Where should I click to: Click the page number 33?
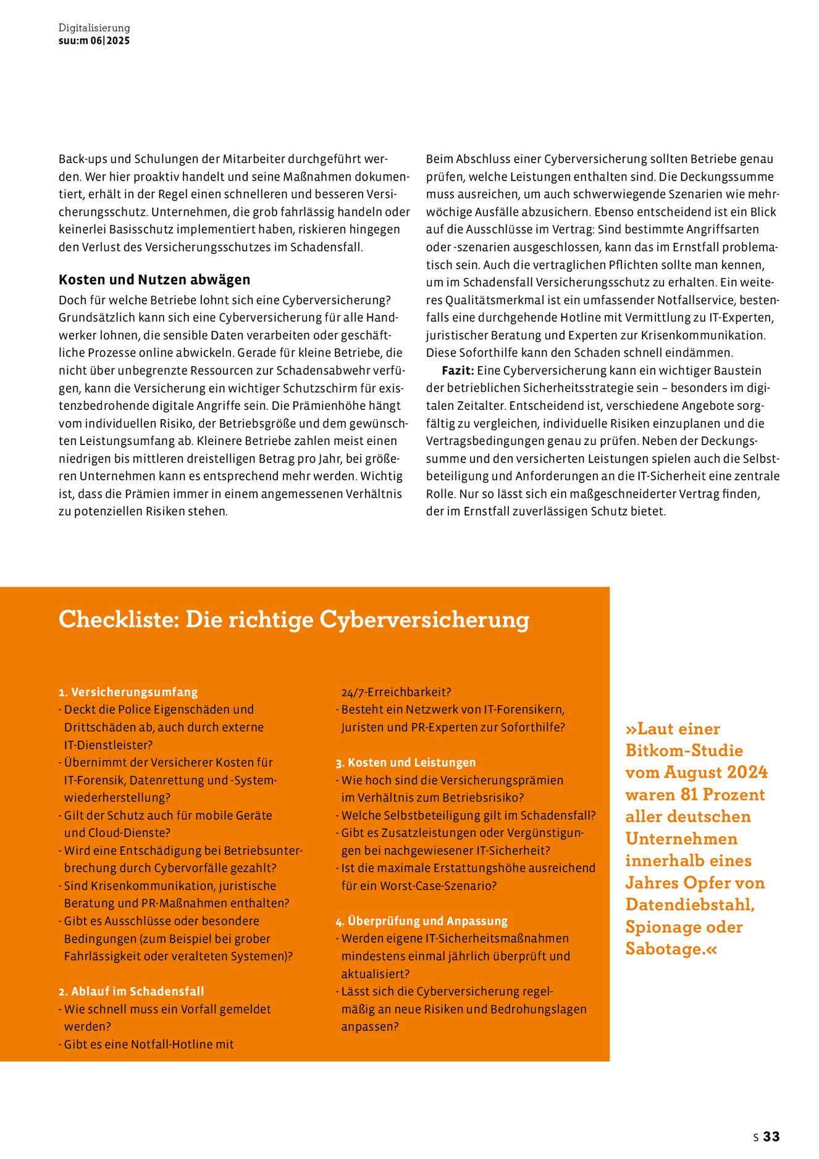coord(771,1137)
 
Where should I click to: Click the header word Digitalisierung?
coord(94,28)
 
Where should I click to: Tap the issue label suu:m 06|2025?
coord(94,41)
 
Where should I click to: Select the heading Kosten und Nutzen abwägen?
coord(154,279)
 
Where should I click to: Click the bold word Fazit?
coord(458,371)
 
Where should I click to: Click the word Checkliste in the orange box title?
coord(118,619)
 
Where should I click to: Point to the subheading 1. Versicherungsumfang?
coord(128,692)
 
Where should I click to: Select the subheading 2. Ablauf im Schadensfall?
coord(131,991)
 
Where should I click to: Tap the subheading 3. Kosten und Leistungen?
coord(406,763)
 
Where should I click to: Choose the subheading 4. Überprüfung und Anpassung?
coord(421,921)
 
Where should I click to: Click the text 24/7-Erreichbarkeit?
coord(396,692)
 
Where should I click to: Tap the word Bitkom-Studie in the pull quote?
coord(684,750)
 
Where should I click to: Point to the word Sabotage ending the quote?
coord(665,949)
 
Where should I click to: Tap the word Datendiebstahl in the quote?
coord(689,905)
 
